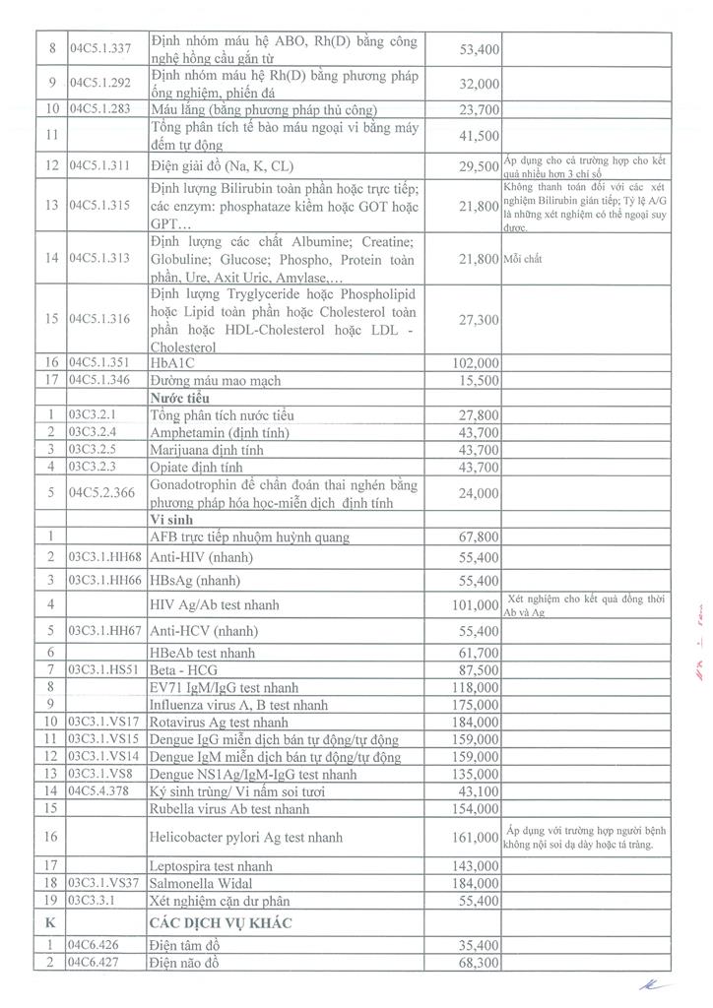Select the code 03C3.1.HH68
[106, 557]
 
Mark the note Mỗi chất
[527, 260]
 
